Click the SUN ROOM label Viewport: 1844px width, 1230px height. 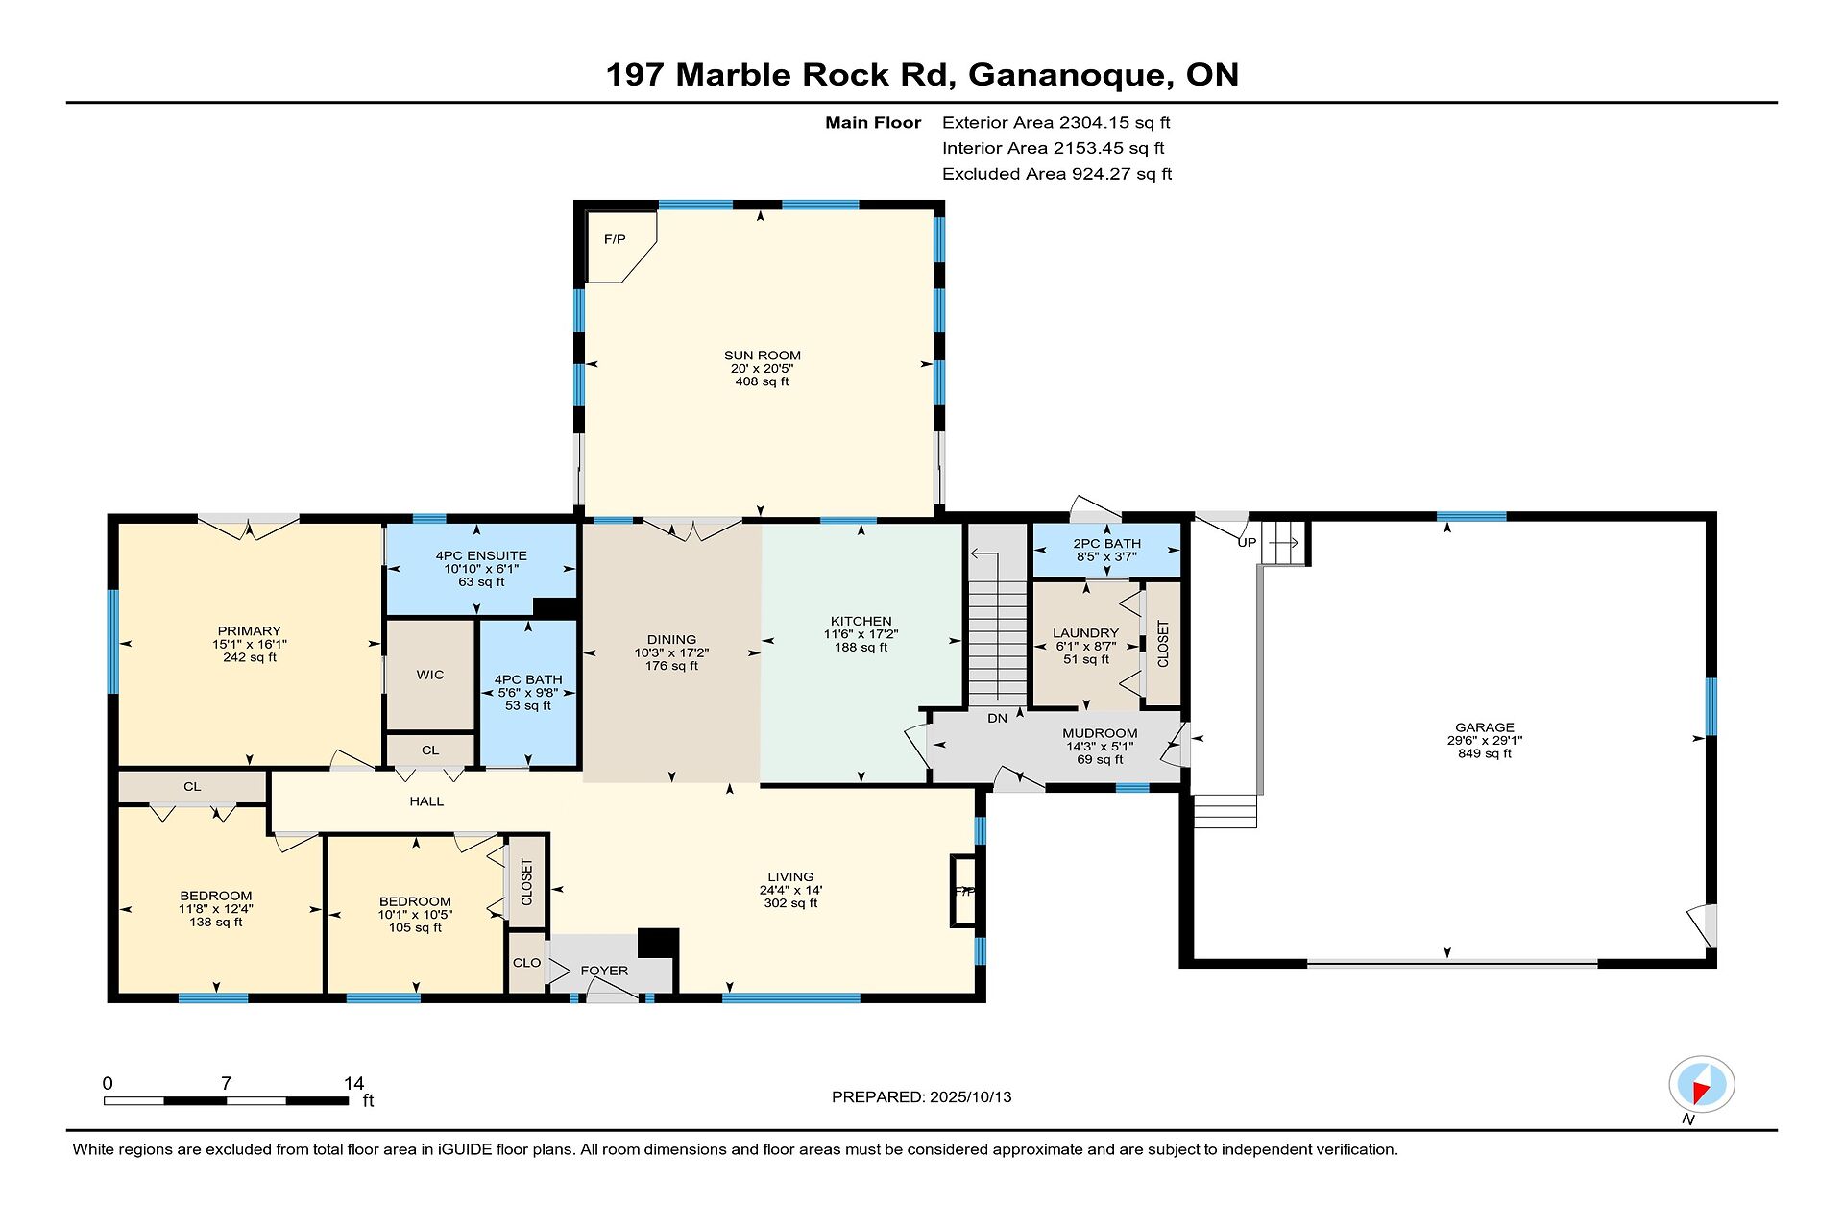point(763,356)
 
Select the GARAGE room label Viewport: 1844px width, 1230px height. point(1484,727)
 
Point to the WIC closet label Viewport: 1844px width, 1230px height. point(430,675)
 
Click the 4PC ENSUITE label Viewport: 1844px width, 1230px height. point(481,555)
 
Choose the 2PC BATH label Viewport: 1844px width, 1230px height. point(1106,544)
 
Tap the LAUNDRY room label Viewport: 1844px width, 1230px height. point(1085,633)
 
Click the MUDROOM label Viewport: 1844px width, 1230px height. point(1100,733)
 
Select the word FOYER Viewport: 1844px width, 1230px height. point(604,971)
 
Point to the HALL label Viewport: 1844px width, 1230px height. point(426,801)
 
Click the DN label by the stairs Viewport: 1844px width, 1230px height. point(998,718)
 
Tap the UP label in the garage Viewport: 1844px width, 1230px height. point(1247,543)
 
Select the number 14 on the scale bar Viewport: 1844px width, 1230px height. point(353,1083)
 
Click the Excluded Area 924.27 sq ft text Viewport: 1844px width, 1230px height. point(1056,174)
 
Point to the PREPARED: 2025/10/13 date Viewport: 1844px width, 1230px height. point(921,1097)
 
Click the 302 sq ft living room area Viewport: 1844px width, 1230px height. point(790,903)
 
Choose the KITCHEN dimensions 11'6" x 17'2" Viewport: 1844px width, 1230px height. point(861,634)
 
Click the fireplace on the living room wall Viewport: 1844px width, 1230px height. point(962,891)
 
